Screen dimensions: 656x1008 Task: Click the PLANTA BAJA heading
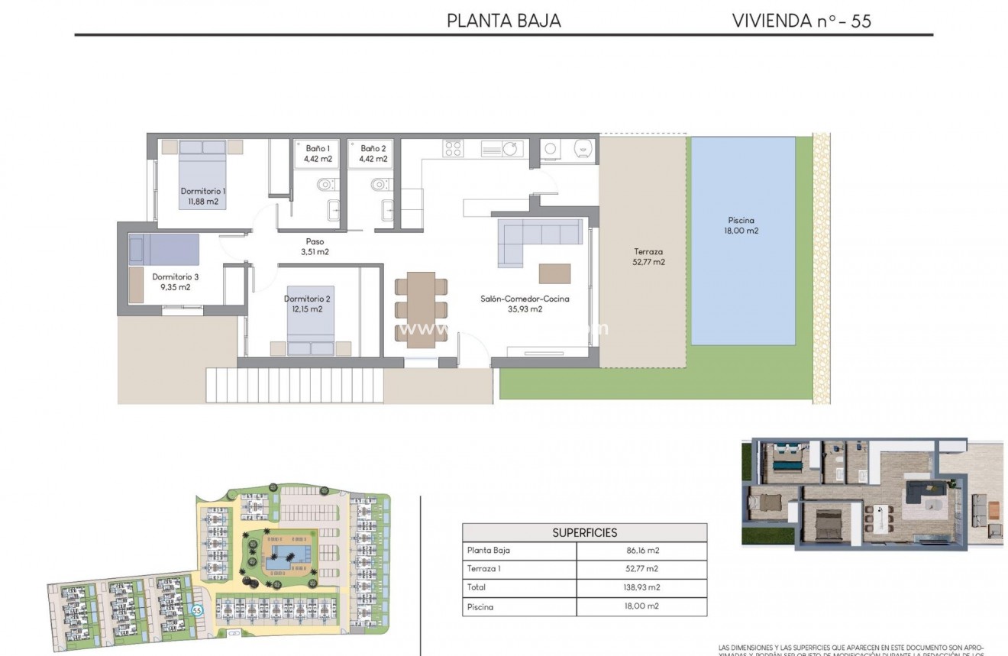[503, 21]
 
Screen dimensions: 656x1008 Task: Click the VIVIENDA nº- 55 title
[801, 21]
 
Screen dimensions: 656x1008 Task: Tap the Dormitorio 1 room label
[202, 196]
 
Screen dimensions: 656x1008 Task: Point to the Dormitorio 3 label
[175, 282]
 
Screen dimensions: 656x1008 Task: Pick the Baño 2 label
[373, 153]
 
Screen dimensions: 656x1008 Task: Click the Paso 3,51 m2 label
[314, 247]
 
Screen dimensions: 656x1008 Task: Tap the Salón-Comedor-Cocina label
[525, 304]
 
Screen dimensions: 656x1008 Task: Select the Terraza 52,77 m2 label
[648, 257]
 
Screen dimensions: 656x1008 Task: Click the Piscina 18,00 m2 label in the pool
[741, 225]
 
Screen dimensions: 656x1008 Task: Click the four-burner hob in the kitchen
[453, 148]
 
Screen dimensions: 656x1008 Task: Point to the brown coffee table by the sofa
[554, 273]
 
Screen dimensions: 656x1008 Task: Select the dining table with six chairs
[421, 309]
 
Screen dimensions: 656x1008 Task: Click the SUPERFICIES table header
[584, 532]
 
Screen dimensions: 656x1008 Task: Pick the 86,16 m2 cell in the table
[641, 550]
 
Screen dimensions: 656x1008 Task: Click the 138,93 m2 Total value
[641, 587]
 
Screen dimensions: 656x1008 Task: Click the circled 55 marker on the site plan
[197, 610]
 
